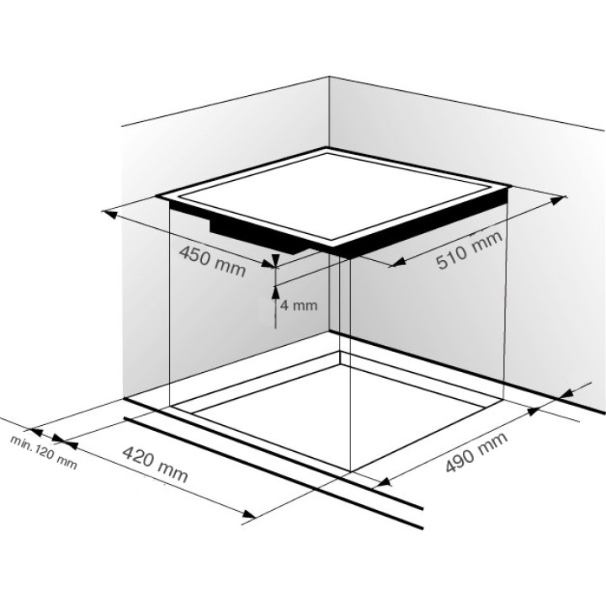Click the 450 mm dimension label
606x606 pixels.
[x=212, y=262]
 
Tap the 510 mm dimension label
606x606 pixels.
[x=469, y=250]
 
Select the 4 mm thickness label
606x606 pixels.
[x=298, y=306]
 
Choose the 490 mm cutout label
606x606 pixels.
[x=476, y=453]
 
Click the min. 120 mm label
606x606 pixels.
[x=44, y=452]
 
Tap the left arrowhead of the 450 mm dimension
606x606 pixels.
[x=109, y=213]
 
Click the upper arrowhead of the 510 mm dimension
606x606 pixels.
[x=556, y=199]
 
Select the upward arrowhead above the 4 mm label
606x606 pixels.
[x=275, y=292]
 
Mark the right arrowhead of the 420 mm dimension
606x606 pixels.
[x=248, y=514]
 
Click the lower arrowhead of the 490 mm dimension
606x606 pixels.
[x=384, y=482]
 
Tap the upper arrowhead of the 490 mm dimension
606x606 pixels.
[x=534, y=412]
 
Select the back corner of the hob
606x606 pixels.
[x=327, y=149]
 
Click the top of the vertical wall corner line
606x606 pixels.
[x=329, y=77]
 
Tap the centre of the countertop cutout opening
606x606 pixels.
[x=337, y=413]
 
